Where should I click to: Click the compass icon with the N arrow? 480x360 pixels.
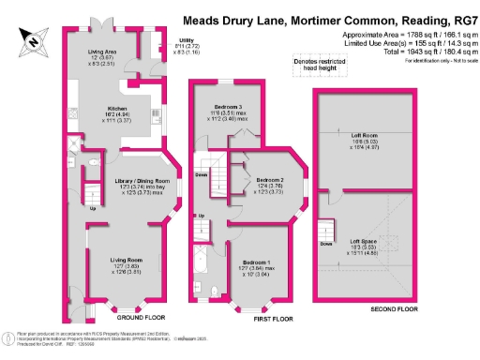coord(34,38)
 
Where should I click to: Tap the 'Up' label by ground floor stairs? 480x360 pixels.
coord(90,208)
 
